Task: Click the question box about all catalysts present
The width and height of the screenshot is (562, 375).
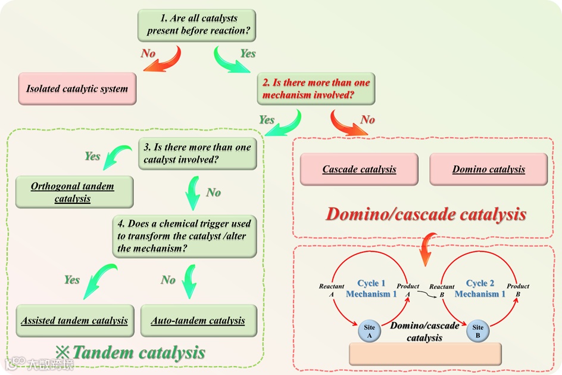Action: point(196,25)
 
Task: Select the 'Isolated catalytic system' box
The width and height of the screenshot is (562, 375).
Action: point(77,89)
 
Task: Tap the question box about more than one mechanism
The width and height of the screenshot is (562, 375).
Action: point(316,88)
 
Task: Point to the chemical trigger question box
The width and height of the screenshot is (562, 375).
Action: point(185,235)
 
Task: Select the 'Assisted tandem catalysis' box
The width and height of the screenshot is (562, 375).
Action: point(74,321)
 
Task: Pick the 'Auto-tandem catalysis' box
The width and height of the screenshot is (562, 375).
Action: point(198,321)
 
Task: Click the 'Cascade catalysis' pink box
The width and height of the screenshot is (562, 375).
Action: point(359,169)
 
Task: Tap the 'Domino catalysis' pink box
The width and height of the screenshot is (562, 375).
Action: point(488,169)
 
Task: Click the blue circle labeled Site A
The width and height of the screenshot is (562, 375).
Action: point(369,331)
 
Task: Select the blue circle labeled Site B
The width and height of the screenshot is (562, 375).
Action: point(478,331)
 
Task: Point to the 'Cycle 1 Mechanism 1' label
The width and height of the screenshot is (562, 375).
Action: point(371,289)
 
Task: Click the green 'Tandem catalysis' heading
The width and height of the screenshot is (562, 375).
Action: point(138,352)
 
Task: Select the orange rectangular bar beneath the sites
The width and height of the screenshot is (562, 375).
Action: point(425,354)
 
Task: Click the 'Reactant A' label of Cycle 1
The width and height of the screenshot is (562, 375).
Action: point(331,290)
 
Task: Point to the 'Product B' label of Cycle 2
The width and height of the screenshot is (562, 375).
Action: point(518,290)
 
